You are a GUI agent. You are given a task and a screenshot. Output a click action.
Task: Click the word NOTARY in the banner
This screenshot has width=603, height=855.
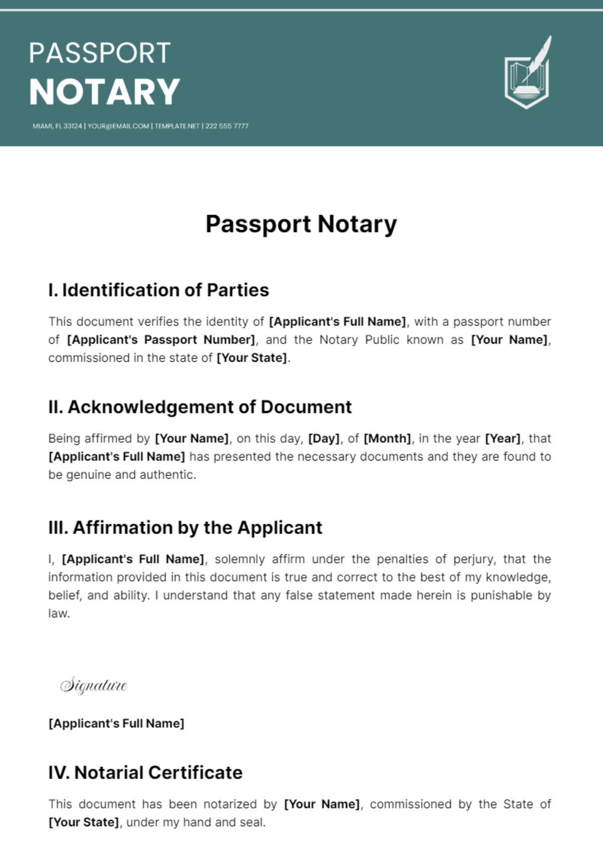coord(105,92)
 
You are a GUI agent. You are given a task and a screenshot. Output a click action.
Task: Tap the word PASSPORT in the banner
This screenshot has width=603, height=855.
coord(99,53)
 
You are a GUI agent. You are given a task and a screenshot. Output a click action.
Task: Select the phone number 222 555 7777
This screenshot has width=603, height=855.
coord(227,126)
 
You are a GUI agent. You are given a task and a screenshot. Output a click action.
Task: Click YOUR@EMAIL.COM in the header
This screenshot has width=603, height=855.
coord(118,126)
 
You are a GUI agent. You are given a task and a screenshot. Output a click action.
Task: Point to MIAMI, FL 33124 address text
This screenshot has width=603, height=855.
coord(57,126)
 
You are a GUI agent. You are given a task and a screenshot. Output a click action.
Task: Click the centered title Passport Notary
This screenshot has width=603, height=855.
coord(301,224)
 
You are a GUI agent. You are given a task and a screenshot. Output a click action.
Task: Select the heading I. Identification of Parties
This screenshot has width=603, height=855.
coord(158,291)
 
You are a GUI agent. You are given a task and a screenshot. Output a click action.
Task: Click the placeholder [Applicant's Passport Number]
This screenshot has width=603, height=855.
coord(161,340)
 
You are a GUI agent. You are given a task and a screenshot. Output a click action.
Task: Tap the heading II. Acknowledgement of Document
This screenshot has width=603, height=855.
coord(199,407)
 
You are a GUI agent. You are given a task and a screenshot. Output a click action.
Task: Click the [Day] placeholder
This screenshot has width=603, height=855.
coord(324,438)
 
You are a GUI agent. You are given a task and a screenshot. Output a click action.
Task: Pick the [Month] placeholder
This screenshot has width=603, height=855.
coord(387,438)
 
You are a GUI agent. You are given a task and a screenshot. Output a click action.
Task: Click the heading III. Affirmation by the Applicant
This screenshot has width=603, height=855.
coord(185,528)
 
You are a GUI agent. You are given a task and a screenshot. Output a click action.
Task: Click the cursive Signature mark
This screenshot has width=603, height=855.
coord(94,686)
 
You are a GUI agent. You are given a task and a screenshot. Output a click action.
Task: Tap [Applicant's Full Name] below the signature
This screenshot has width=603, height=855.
coord(116,723)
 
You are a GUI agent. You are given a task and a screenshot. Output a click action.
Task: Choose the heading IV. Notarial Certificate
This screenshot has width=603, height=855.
coord(145,773)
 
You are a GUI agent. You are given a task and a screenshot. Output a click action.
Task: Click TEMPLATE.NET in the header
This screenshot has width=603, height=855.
coord(177,126)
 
